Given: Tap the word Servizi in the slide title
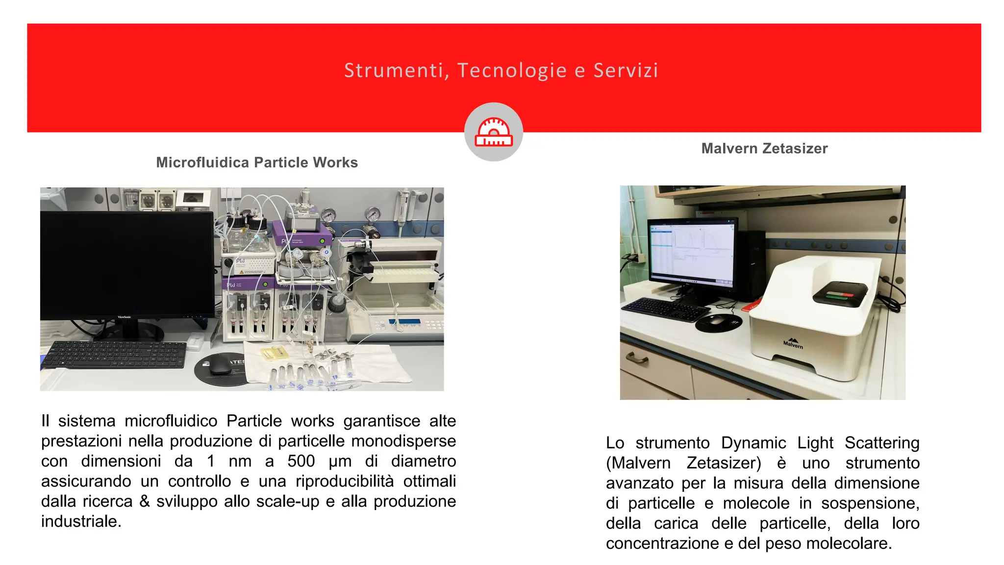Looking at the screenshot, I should point(626,71).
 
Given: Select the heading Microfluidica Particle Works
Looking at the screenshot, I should point(257,162).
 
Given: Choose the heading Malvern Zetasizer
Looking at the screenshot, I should point(764,148).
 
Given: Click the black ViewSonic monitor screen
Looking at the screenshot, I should point(126,265).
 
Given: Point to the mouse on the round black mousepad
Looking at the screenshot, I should point(220,369).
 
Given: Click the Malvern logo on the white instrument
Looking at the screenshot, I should point(793,343).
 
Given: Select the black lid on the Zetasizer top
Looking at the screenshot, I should point(840,293).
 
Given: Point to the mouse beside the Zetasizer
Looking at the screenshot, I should point(716,320).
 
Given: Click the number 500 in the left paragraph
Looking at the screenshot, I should point(301,461).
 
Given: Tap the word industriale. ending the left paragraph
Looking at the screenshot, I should point(81,521).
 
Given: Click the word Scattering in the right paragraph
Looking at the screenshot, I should point(881,442).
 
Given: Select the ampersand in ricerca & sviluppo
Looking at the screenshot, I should point(144,501).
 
